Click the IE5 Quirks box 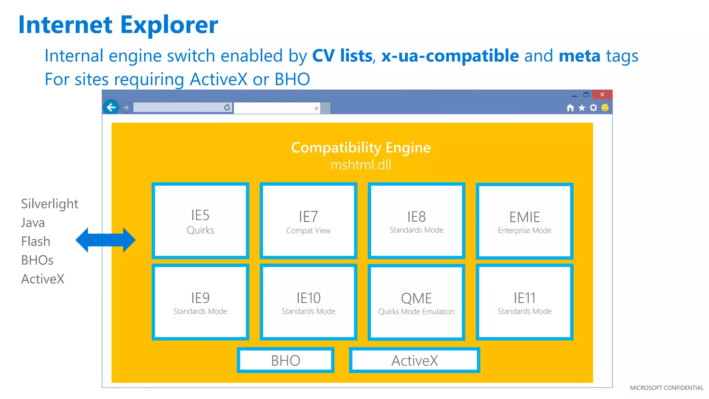[200, 221]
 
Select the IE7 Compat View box [308, 221]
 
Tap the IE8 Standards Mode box [416, 221]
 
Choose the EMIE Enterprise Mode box [524, 221]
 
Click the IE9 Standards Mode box [200, 302]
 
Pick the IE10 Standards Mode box [308, 302]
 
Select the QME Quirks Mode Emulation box [416, 302]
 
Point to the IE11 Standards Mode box [524, 302]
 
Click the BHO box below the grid [286, 360]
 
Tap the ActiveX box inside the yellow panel [414, 360]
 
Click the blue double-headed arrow [106, 240]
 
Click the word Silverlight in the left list [50, 204]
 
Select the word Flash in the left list [36, 241]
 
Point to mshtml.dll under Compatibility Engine [361, 165]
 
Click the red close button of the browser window [602, 94]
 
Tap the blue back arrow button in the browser [111, 107]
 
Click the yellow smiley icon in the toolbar [605, 108]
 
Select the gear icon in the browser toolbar [593, 108]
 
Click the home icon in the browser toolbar [570, 108]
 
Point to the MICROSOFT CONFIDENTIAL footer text [666, 388]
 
